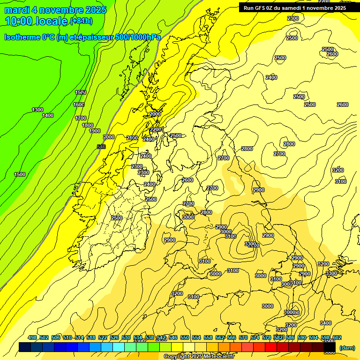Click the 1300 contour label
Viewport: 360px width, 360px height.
(37, 110)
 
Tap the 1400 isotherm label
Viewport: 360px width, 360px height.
(48, 116)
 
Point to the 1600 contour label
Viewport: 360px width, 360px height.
(79, 105)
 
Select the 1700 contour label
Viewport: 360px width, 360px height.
(81, 119)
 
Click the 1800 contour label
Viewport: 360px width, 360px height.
(88, 125)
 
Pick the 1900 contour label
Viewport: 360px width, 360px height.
(95, 131)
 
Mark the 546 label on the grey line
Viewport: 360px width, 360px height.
(101, 147)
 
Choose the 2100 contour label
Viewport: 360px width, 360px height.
(132, 138)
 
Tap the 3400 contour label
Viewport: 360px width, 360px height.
(325, 323)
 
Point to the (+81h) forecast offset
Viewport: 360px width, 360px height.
(81, 22)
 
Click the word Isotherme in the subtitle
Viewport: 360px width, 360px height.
(22, 37)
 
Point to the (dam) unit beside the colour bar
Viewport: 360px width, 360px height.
(347, 347)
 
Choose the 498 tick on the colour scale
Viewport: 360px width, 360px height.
(32, 337)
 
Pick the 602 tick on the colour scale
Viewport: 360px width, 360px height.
(337, 337)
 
